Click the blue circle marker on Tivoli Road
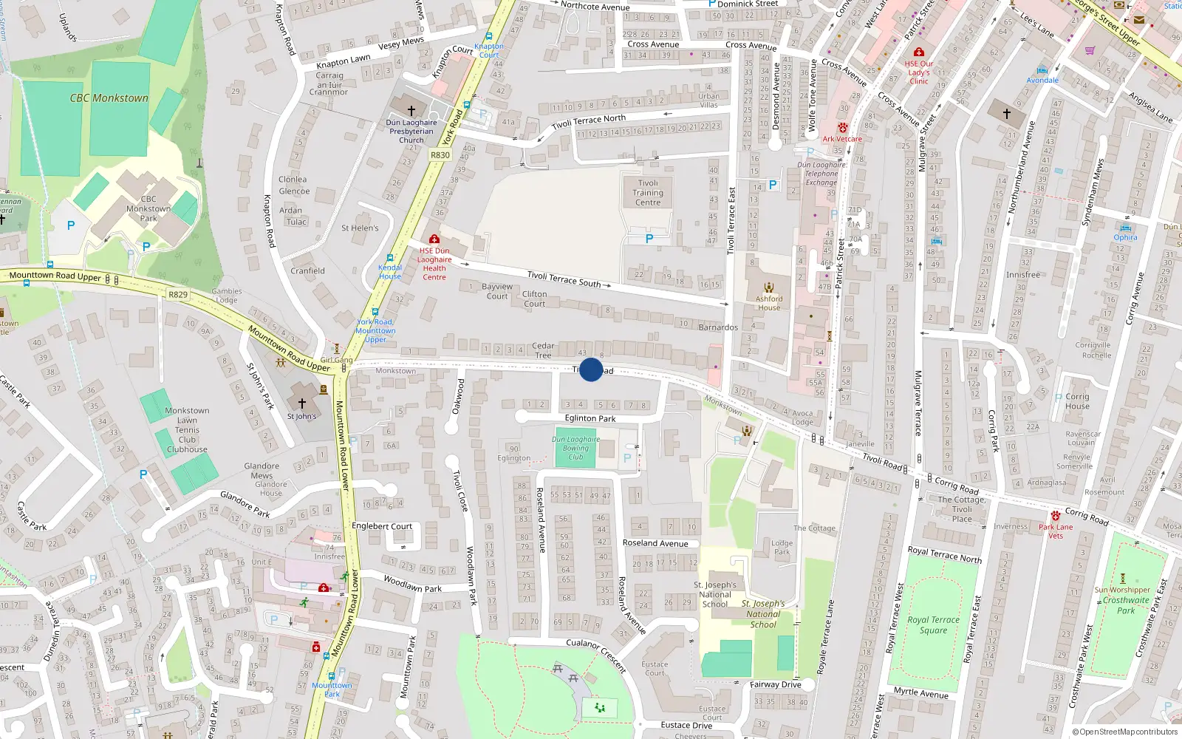(x=591, y=369)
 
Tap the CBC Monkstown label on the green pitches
(x=109, y=98)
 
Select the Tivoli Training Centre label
(x=648, y=193)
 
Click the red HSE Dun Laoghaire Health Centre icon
(x=434, y=239)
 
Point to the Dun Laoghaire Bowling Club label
(x=575, y=448)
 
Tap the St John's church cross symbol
(x=301, y=403)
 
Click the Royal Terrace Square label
(x=934, y=625)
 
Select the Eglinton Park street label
(x=590, y=418)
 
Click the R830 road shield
(x=440, y=155)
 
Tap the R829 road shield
(x=178, y=294)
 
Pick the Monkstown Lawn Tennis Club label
(x=187, y=429)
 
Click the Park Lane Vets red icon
(x=1056, y=516)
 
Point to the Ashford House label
(x=769, y=303)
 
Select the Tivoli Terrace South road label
(x=564, y=278)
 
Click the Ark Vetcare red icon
(x=842, y=128)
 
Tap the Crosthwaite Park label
(x=1126, y=605)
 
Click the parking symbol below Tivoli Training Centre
(x=649, y=239)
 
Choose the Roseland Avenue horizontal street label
(x=655, y=543)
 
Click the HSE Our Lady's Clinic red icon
(x=919, y=52)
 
